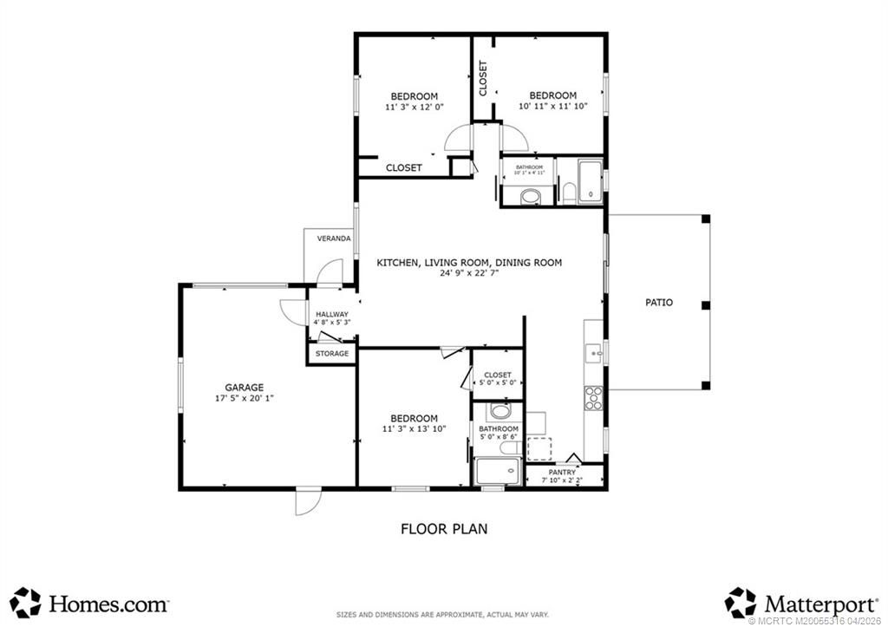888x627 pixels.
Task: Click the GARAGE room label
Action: [x=245, y=388]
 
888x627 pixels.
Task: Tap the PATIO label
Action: [x=659, y=303]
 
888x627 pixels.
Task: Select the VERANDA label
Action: [x=334, y=238]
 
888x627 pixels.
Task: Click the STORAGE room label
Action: [x=332, y=354]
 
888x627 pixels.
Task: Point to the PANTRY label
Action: [x=562, y=473]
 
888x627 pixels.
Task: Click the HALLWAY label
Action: [x=332, y=314]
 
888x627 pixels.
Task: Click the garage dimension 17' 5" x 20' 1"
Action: [x=245, y=399]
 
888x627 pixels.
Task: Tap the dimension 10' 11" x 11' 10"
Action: [x=553, y=107]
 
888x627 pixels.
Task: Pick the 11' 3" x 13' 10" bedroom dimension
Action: [x=415, y=428]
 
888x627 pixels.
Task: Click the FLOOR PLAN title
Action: [x=444, y=528]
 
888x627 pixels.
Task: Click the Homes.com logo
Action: [x=91, y=602]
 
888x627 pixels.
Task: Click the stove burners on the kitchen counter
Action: [x=595, y=398]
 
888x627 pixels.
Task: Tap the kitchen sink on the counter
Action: [x=594, y=352]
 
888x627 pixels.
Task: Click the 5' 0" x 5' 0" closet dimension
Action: [x=498, y=382]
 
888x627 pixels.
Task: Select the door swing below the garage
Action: [x=307, y=501]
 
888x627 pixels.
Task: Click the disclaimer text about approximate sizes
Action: [x=443, y=614]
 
